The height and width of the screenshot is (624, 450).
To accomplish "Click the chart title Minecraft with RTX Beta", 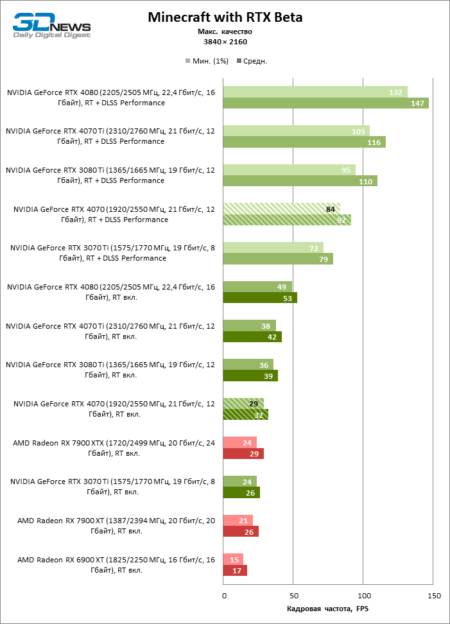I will [225, 17].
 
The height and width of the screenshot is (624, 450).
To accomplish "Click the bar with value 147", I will [325, 103].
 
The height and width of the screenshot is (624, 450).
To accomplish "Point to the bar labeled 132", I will [315, 92].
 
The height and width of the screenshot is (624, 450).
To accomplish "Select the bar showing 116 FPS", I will [304, 142].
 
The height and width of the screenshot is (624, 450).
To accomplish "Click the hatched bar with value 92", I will [287, 220].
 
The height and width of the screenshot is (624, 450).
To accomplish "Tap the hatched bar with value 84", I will [281, 209].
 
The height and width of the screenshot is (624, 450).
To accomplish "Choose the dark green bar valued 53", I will [259, 298].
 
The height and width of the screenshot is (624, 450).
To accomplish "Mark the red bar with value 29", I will [243, 454].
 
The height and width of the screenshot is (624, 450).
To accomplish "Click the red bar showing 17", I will [234, 571].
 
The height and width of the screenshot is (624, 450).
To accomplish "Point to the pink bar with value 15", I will [232, 559].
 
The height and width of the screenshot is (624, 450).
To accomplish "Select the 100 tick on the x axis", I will [363, 596].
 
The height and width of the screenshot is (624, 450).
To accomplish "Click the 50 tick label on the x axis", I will [293, 596].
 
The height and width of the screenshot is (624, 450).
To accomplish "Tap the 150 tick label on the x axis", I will [434, 596].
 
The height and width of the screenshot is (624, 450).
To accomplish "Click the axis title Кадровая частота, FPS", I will [328, 609].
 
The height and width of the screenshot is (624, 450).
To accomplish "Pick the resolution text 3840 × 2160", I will [225, 42].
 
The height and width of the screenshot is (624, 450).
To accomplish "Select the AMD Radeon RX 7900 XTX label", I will [114, 447].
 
